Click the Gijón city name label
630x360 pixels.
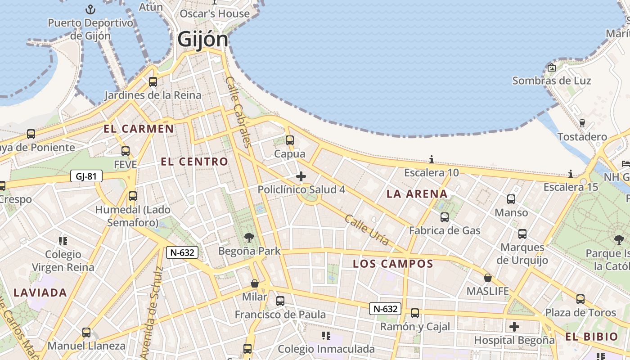[x=202, y=40]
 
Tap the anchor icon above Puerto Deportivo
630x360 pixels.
[x=91, y=9]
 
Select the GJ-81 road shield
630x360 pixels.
[x=86, y=176]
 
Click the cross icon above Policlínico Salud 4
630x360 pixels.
[x=301, y=176]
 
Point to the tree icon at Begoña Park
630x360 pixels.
[x=249, y=238]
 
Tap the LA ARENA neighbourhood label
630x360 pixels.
[x=417, y=194]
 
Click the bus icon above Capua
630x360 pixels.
[x=290, y=140]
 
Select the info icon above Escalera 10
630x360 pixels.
[x=432, y=160]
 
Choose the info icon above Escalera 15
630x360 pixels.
[x=571, y=174]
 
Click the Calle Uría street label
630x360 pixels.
[x=367, y=229]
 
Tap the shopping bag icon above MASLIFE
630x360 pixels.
[x=487, y=278]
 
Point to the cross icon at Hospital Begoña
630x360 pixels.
[x=514, y=327]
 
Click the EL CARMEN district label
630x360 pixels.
[x=139, y=129]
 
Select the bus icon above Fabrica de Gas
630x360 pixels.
[x=445, y=217]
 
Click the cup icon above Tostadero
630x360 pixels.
[x=582, y=123]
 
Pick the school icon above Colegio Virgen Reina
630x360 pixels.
[x=63, y=241]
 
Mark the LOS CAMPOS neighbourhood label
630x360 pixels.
[x=393, y=264]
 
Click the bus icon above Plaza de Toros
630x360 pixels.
[x=580, y=299]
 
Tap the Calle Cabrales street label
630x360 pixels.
[x=237, y=112]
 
